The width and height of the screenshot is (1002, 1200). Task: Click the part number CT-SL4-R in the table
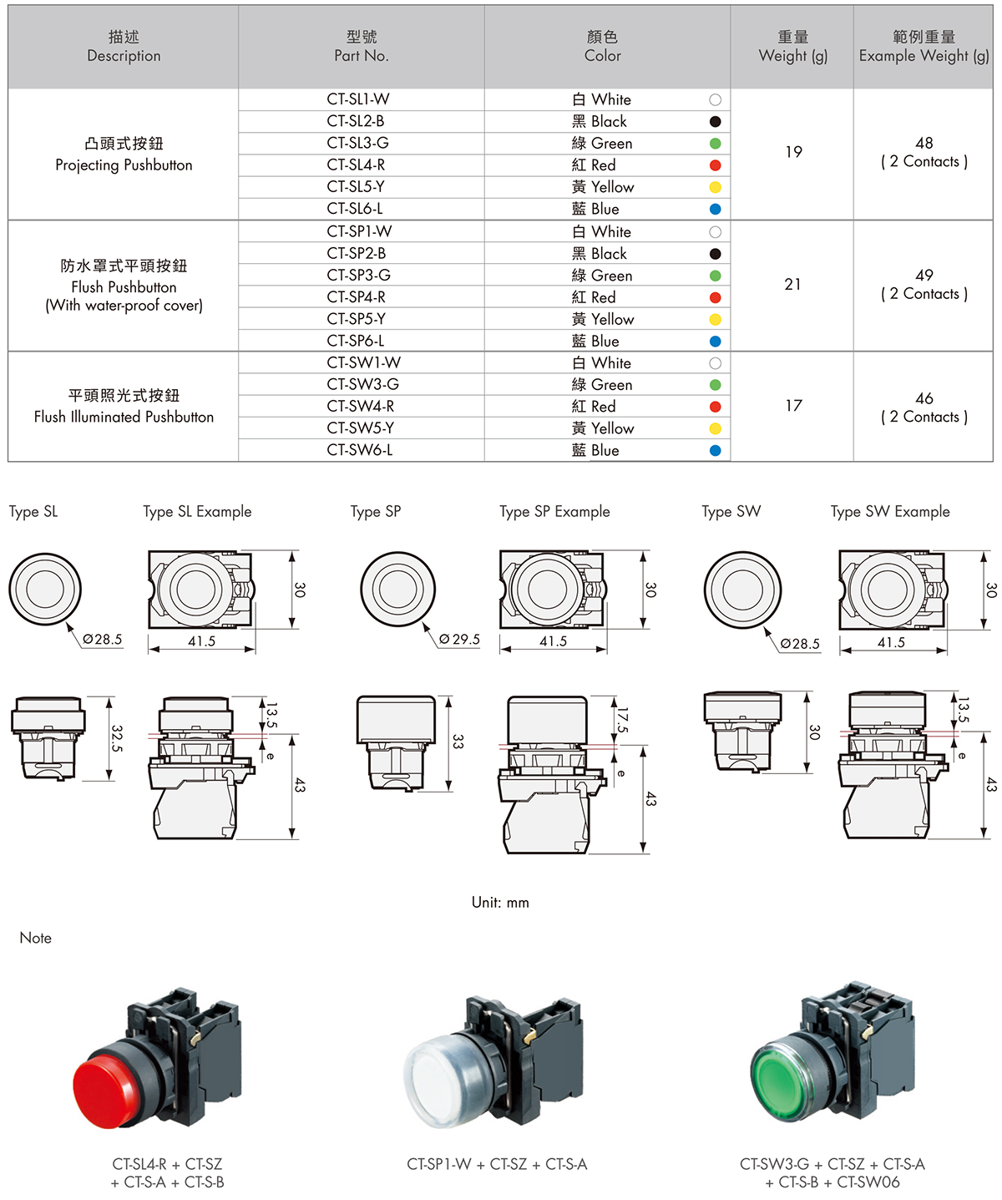(x=356, y=165)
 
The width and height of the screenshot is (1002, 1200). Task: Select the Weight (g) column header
(x=792, y=48)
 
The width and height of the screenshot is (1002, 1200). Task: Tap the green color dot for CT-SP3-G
(x=715, y=276)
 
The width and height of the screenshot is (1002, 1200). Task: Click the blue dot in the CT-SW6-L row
(x=715, y=451)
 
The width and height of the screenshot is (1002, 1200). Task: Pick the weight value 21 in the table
(x=792, y=285)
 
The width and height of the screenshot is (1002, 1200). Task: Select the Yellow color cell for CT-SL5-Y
(x=603, y=187)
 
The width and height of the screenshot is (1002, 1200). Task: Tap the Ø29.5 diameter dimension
(x=460, y=640)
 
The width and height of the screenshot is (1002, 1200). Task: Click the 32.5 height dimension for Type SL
(x=117, y=738)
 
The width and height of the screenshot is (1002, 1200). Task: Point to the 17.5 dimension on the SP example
(x=622, y=719)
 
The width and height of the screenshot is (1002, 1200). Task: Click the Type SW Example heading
(x=890, y=512)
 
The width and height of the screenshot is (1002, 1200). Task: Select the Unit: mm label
(x=500, y=903)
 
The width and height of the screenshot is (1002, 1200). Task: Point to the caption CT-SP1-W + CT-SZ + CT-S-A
(x=497, y=1165)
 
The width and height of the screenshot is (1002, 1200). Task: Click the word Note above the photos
(x=36, y=939)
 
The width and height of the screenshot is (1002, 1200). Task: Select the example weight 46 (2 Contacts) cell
(x=924, y=408)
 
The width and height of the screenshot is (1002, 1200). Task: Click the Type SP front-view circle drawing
(x=398, y=588)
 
